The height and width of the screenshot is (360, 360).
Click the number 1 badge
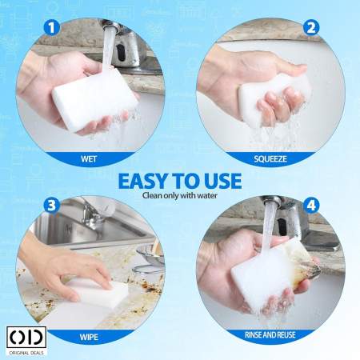[51, 28]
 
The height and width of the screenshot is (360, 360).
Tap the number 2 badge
[311, 28]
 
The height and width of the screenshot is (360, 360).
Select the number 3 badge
[51, 206]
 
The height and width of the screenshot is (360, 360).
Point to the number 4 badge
[311, 206]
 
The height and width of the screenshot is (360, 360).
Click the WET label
[89, 159]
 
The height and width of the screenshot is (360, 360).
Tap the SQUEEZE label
[270, 159]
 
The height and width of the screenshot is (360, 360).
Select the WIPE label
[89, 337]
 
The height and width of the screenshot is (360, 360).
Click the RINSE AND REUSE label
[270, 335]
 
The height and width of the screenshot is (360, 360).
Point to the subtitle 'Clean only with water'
[180, 195]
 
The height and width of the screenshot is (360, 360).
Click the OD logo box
[26, 337]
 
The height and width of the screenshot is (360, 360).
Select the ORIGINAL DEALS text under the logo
[26, 353]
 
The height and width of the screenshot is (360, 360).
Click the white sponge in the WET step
[94, 99]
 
